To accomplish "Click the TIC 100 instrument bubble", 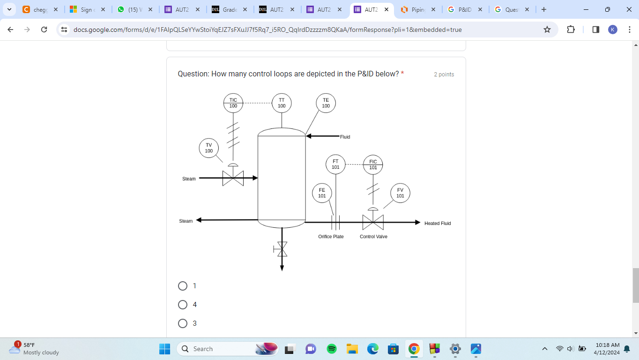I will [233, 103].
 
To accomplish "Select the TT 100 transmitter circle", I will [282, 103].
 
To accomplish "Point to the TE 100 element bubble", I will [326, 103].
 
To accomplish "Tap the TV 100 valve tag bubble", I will [209, 148].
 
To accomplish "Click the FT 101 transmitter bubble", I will [335, 164].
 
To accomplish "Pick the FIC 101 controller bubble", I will [373, 165].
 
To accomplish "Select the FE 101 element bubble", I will [322, 193].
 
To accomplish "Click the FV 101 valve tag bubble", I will [400, 193].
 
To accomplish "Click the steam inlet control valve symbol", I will [233, 178].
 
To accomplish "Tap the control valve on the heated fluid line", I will [373, 222].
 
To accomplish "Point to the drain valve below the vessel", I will [282, 249].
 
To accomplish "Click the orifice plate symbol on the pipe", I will [335, 222].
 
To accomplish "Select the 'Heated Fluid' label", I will [438, 224].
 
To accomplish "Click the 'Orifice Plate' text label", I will [331, 237].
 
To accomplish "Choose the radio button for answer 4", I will [183, 305].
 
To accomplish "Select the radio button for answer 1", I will [183, 286].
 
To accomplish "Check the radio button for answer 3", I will [183, 323].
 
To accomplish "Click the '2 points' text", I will [444, 75].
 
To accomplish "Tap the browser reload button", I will [44, 30].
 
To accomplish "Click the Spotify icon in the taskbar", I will [332, 349].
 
